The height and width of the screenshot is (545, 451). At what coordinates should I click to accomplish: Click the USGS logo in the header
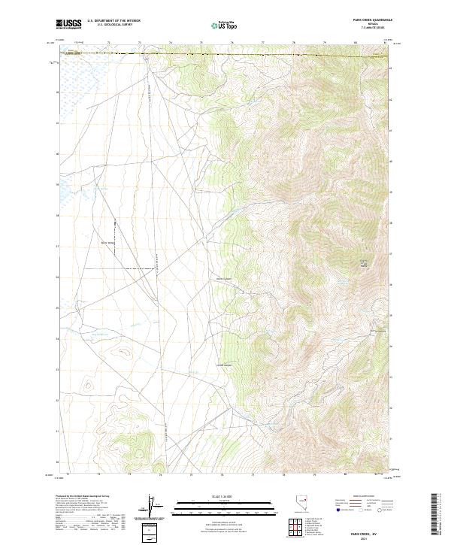tap(69, 24)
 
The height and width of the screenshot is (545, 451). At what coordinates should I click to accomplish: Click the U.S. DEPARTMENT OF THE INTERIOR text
tap(114, 20)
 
